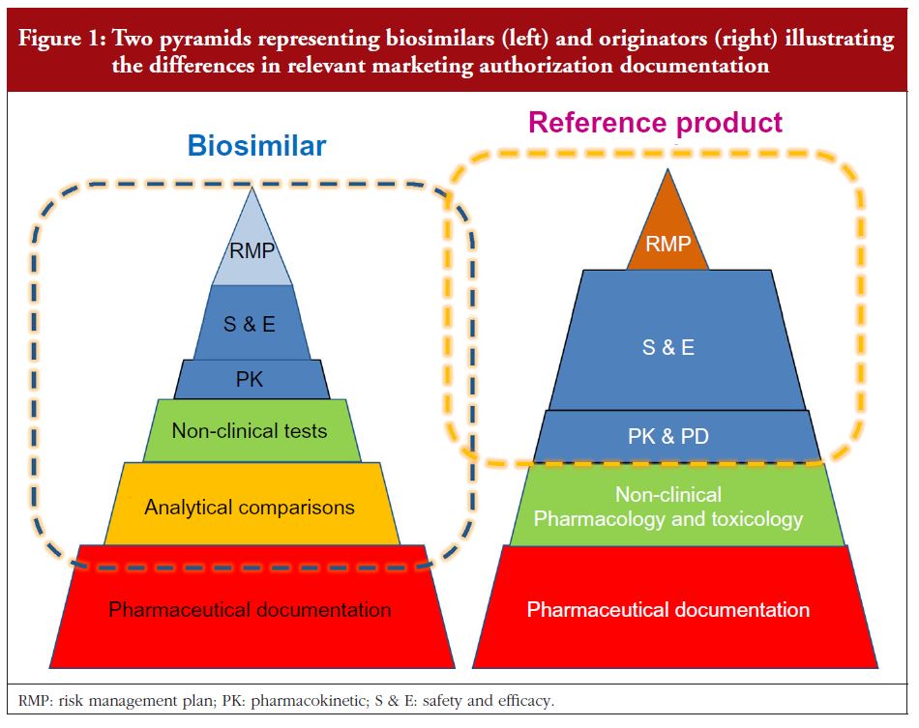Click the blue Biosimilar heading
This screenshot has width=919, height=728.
pyautogui.click(x=256, y=145)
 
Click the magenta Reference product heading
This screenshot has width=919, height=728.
pyautogui.click(x=655, y=123)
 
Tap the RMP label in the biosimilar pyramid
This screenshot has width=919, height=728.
pyautogui.click(x=252, y=250)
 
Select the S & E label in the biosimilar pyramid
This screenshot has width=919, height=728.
pyautogui.click(x=249, y=324)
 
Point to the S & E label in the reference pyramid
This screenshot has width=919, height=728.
pyautogui.click(x=668, y=347)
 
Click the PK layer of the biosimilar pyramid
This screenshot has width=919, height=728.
pyautogui.click(x=252, y=380)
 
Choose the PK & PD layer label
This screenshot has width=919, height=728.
pyautogui.click(x=668, y=436)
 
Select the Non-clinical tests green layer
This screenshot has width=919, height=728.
pyautogui.click(x=252, y=431)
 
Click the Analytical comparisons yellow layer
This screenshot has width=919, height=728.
pyautogui.click(x=252, y=504)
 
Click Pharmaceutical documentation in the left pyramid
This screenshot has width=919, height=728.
pyautogui.click(x=250, y=610)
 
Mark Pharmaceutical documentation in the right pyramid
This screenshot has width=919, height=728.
pyautogui.click(x=668, y=610)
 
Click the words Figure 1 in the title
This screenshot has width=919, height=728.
pyautogui.click(x=62, y=39)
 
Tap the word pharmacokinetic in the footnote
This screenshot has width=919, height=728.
pyautogui.click(x=309, y=701)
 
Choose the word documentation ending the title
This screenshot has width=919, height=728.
pyautogui.click(x=695, y=65)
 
